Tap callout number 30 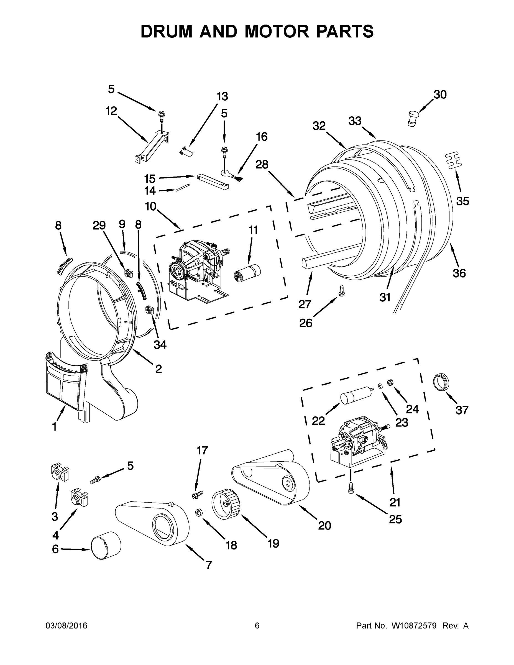click(x=440, y=95)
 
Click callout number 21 click(x=395, y=502)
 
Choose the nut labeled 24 click(x=390, y=382)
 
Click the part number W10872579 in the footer click(x=414, y=626)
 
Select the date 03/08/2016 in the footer click(x=67, y=626)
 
